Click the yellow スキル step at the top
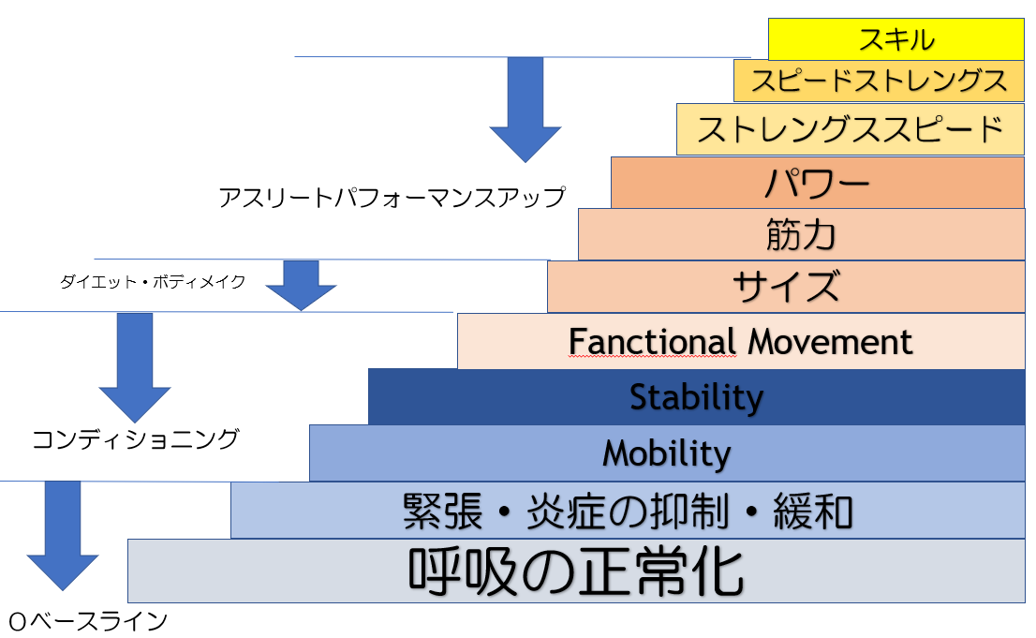pyautogui.click(x=895, y=39)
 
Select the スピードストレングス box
pyautogui.click(x=879, y=81)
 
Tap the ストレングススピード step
pyautogui.click(x=851, y=129)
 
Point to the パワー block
pyautogui.click(x=818, y=183)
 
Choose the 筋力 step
pyautogui.click(x=802, y=235)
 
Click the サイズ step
pyautogui.click(x=786, y=287)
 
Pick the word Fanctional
pyautogui.click(x=652, y=342)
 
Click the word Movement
pyautogui.click(x=830, y=342)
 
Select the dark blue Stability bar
pyautogui.click(x=696, y=396)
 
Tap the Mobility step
pyautogui.click(x=667, y=453)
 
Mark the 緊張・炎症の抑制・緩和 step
pyautogui.click(x=628, y=511)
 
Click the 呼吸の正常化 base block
pyautogui.click(x=576, y=571)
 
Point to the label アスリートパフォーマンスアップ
pyautogui.click(x=392, y=197)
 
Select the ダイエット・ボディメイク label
pyautogui.click(x=153, y=282)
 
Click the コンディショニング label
pyautogui.click(x=135, y=439)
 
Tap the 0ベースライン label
pyautogui.click(x=88, y=621)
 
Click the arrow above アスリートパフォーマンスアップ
pyautogui.click(x=525, y=109)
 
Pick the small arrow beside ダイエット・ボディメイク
pyautogui.click(x=302, y=285)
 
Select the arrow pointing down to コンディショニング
pyautogui.click(x=135, y=367)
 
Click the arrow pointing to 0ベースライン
pyautogui.click(x=63, y=536)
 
